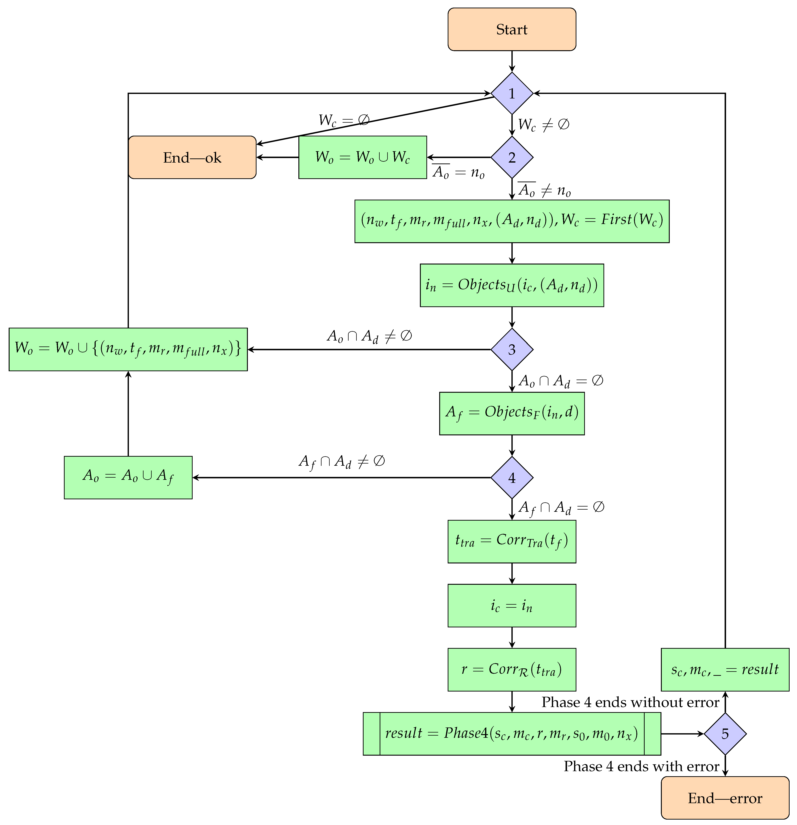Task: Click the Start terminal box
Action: tap(511, 29)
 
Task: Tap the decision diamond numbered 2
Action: tap(511, 157)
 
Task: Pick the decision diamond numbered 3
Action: tap(511, 349)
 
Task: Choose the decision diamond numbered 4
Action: tap(511, 478)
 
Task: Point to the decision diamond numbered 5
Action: tap(725, 734)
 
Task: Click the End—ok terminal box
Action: tap(192, 157)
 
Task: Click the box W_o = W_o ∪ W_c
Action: tap(362, 157)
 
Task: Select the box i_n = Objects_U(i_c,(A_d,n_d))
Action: tap(511, 285)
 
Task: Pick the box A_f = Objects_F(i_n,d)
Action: tap(511, 413)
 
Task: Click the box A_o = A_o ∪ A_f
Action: tap(128, 478)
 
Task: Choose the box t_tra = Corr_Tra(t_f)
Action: tap(511, 542)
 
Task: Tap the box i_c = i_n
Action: tap(511, 606)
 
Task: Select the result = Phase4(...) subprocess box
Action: tap(511, 734)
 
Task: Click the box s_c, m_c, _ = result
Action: tap(725, 670)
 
